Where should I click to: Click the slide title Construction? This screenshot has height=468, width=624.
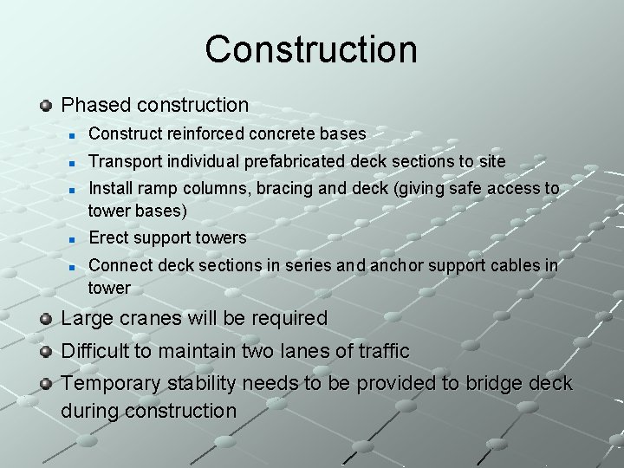pyautogui.click(x=311, y=49)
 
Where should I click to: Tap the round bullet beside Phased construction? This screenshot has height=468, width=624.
pyautogui.click(x=47, y=106)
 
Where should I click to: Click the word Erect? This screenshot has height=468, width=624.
pyautogui.click(x=107, y=237)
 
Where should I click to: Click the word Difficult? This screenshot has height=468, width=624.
pyautogui.click(x=101, y=351)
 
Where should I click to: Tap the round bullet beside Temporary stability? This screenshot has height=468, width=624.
pyautogui.click(x=47, y=384)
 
